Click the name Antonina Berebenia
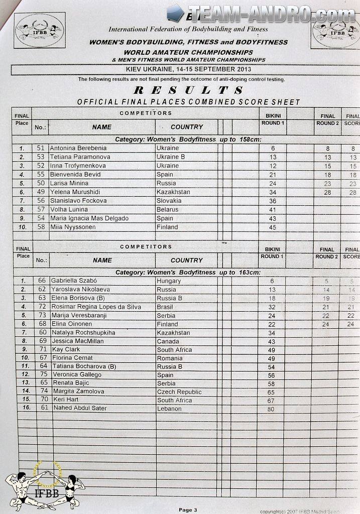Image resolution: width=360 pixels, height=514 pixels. pyautogui.click(x=78, y=148)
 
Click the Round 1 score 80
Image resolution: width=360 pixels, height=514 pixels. pyautogui.click(x=272, y=409)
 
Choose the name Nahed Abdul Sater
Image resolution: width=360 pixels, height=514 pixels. pyautogui.click(x=79, y=409)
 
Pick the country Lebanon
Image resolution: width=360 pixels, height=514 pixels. pyautogui.click(x=169, y=409)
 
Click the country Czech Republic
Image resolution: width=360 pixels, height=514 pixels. pyautogui.click(x=179, y=392)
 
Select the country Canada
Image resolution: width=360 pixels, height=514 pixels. pyautogui.click(x=169, y=341)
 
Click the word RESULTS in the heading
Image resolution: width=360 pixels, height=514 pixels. pyautogui.click(x=188, y=91)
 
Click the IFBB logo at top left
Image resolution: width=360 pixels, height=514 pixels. pyautogui.click(x=39, y=30)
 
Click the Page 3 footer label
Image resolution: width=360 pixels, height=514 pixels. pyautogui.click(x=188, y=510)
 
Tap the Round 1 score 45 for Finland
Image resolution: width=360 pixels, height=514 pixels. pyautogui.click(x=272, y=227)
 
